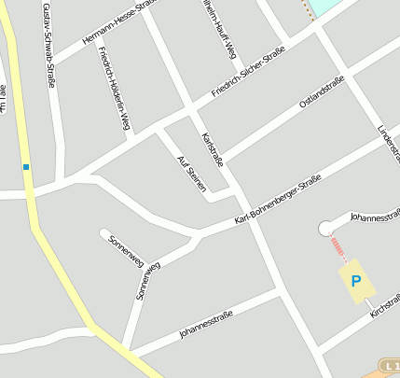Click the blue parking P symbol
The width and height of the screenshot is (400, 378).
354,280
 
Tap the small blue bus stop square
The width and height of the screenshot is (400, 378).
26,167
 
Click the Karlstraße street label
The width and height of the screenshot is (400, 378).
213,149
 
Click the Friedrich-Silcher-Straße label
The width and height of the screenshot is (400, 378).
247,75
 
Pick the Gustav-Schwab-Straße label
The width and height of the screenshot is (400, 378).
48,45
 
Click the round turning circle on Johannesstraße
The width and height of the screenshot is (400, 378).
326,229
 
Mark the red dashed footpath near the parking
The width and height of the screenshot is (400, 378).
339,249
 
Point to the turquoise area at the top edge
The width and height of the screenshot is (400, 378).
322,7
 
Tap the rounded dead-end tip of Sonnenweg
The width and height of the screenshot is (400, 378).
104,233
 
